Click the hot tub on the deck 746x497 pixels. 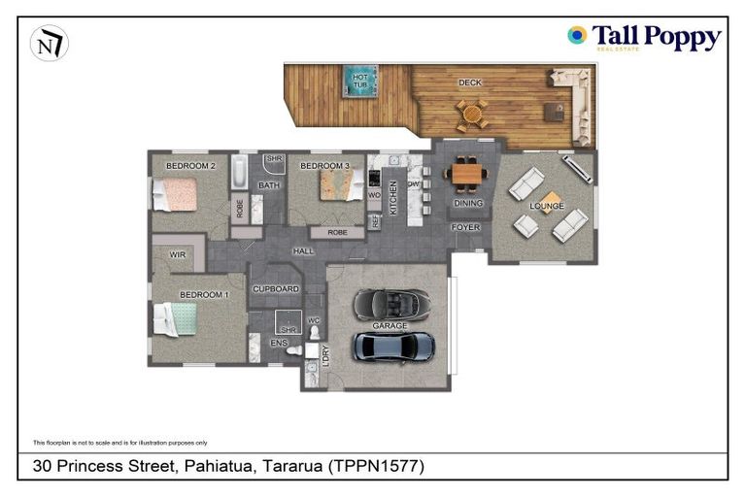coord(359,81)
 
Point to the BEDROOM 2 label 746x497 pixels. coord(189,166)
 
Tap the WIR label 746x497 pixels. coord(178,255)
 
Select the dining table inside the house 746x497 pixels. coord(468,174)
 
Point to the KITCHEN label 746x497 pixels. coord(393,197)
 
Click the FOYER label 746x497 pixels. coord(464,227)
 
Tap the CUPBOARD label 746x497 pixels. coord(276,289)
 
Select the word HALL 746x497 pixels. coord(303,252)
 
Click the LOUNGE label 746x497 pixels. coord(546,207)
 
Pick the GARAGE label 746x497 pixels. coord(390,326)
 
